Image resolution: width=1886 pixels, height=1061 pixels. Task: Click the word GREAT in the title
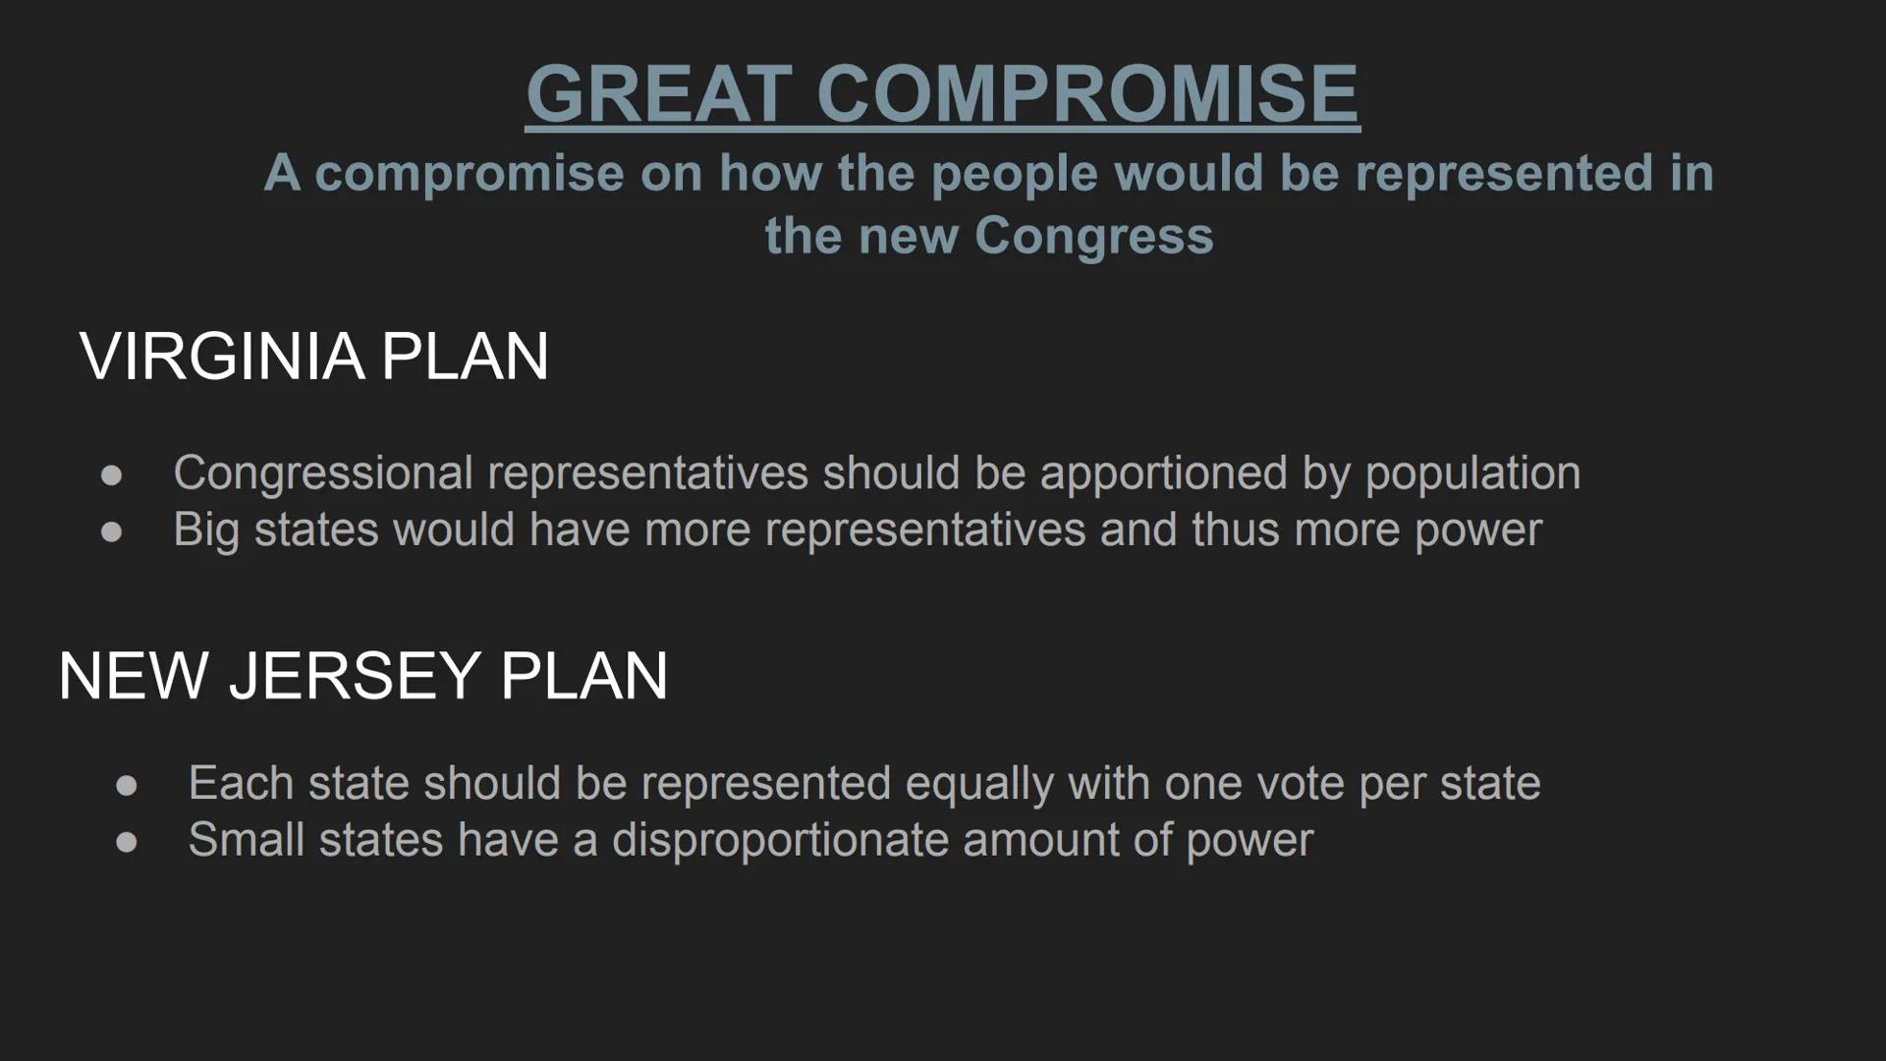659,93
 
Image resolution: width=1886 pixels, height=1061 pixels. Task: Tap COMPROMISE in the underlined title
1087,93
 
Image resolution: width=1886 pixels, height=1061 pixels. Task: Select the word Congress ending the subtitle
1094,236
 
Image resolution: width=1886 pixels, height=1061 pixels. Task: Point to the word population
1472,474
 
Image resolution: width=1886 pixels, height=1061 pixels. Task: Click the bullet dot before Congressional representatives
111,475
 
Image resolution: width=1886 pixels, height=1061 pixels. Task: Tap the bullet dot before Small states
126,843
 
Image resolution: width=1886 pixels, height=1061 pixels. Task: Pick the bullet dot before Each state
126,786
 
